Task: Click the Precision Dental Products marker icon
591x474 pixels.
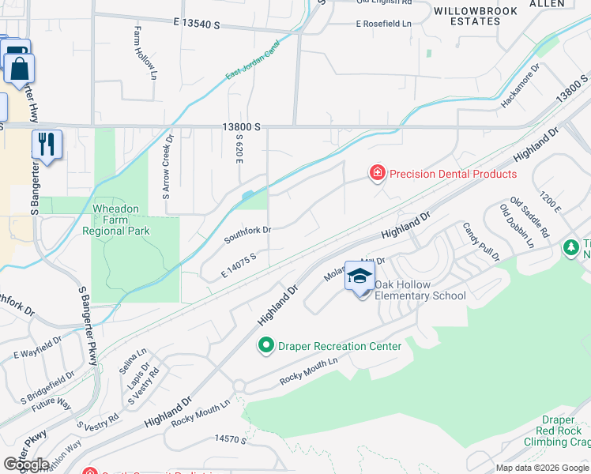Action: (x=377, y=172)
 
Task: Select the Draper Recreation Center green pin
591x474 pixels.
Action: (x=266, y=345)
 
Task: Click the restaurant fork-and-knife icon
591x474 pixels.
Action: (x=46, y=145)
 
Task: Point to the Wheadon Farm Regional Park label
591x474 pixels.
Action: (x=116, y=220)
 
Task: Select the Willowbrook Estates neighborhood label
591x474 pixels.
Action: (x=475, y=17)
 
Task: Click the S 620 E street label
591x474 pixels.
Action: (x=238, y=144)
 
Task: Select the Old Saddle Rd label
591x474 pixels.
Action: (x=529, y=217)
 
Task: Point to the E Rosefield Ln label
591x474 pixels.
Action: (x=384, y=24)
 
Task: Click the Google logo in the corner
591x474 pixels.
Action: (x=26, y=465)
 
